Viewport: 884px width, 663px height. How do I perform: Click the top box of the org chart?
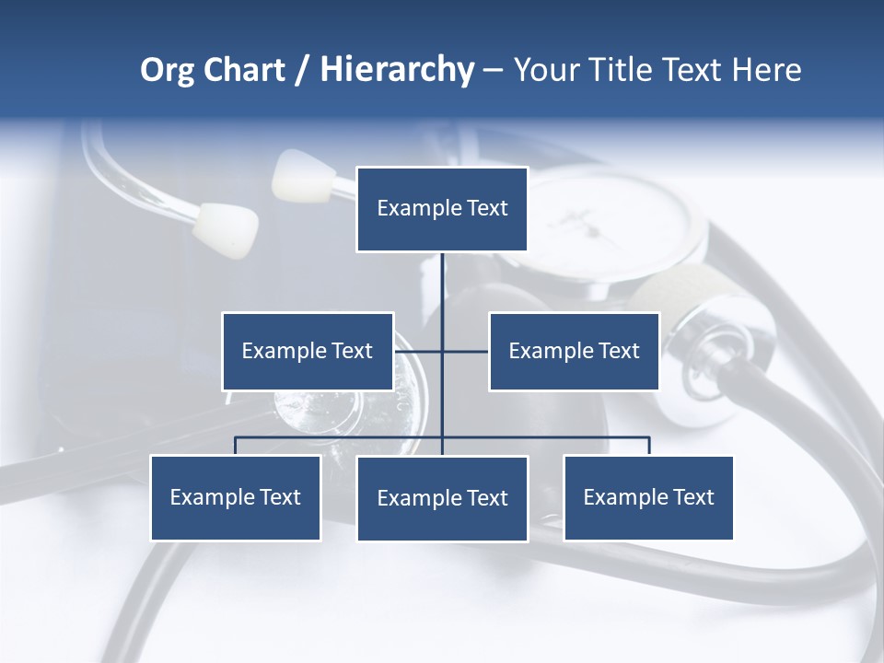pyautogui.click(x=442, y=209)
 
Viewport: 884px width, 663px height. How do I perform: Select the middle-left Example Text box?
pyautogui.click(x=308, y=351)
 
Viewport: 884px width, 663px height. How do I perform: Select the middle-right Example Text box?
pyautogui.click(x=574, y=351)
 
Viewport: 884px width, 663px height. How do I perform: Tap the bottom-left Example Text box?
pyautogui.click(x=236, y=497)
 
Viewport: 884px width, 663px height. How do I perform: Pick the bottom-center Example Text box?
pyautogui.click(x=442, y=498)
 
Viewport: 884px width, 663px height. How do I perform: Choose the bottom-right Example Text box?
pyautogui.click(x=648, y=497)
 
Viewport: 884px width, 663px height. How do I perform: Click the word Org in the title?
pyautogui.click(x=167, y=70)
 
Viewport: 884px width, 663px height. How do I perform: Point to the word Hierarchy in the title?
pyautogui.click(x=397, y=70)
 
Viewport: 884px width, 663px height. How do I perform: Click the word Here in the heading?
pyautogui.click(x=766, y=70)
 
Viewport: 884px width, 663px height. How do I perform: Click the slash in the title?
pyautogui.click(x=302, y=70)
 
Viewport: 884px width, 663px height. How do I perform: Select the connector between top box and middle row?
pyautogui.click(x=443, y=285)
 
